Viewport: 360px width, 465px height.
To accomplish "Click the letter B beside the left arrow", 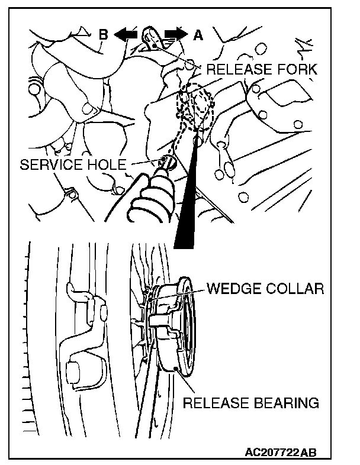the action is pos(102,35).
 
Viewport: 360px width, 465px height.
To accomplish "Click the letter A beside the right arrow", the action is pos(197,35).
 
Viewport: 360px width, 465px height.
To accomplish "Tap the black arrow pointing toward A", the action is pos(175,35).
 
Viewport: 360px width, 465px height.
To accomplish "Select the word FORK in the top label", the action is pos(298,69).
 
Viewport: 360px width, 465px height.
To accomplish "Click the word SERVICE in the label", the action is pos(53,164).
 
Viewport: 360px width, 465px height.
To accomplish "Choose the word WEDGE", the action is pos(234,289).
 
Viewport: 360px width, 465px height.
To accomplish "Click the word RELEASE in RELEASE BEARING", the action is pos(216,403).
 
